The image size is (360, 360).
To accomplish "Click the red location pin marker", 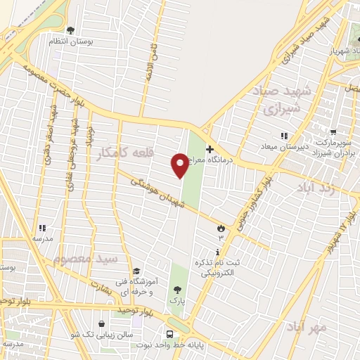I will (180, 165).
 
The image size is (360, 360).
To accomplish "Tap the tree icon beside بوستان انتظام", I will (70, 30).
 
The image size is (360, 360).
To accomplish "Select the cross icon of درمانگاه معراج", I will (210, 149).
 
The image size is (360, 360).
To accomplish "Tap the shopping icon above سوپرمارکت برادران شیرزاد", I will (335, 131).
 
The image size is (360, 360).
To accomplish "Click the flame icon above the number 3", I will (221, 227).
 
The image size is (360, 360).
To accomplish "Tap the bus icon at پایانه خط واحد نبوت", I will (170, 335).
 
